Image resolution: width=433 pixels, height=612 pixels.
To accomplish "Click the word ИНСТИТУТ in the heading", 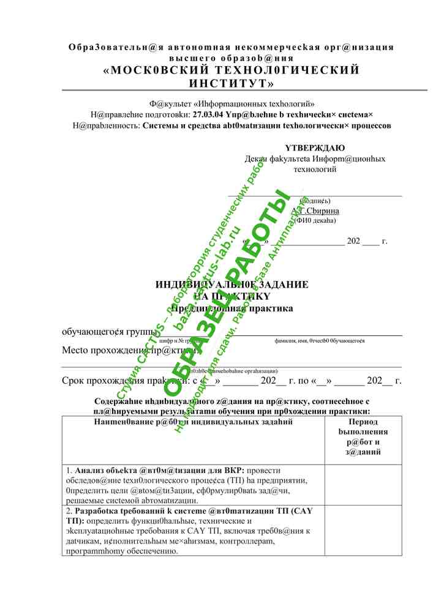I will (x=232, y=83).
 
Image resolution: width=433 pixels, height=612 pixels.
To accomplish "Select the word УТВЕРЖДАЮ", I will (x=314, y=148).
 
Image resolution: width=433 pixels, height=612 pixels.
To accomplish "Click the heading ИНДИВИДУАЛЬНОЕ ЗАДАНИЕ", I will (x=232, y=285).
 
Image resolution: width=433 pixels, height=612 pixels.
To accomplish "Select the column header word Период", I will (x=363, y=422).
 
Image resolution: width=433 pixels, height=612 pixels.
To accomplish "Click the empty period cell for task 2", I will (x=363, y=531).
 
